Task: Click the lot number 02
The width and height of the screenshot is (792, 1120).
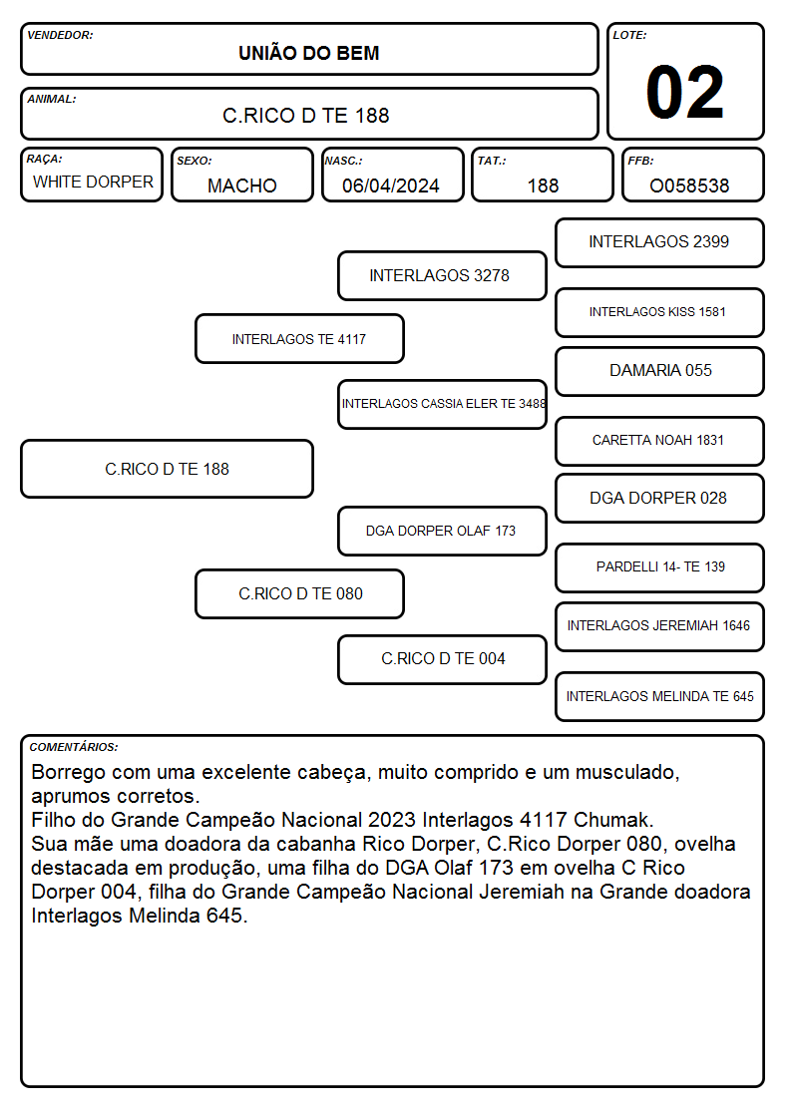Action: [684, 92]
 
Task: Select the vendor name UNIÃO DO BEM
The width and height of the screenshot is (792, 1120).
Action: [308, 53]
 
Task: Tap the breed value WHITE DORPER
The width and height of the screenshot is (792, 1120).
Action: [93, 183]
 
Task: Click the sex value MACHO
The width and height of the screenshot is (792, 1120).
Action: [242, 186]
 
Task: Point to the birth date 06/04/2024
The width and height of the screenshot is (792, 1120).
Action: [391, 186]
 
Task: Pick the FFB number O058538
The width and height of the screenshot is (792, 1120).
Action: [689, 186]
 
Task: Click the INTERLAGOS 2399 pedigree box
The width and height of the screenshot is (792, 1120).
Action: [659, 243]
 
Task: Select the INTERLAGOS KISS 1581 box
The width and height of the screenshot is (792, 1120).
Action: [659, 312]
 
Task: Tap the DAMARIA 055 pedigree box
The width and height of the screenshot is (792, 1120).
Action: [659, 371]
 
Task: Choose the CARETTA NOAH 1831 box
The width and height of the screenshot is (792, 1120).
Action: [659, 441]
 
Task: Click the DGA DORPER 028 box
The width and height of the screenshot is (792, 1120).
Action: [659, 498]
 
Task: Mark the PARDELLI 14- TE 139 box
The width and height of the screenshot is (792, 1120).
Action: [659, 567]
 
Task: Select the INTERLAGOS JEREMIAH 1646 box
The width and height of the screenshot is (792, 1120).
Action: [659, 626]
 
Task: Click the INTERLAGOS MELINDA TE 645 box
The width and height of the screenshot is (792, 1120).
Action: [659, 696]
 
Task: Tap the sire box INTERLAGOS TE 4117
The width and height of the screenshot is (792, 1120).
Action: [299, 338]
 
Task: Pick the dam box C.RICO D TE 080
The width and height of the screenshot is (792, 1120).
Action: [299, 593]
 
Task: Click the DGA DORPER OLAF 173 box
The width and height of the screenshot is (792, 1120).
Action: [442, 531]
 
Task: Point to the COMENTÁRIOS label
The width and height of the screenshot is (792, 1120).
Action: [74, 747]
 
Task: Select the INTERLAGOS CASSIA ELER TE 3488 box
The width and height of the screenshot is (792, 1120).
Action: [442, 404]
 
